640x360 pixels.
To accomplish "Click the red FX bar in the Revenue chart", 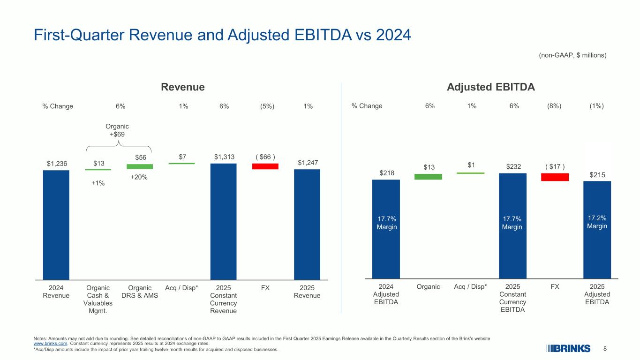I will pos(265,166).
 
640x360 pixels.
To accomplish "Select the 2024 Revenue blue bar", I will pos(56,225).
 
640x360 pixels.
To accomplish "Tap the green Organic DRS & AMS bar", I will pos(140,166).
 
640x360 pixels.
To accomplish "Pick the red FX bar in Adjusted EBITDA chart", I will pos(555,177).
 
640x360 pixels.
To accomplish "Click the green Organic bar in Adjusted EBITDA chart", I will pos(428,177).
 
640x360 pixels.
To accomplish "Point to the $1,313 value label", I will pos(223,157).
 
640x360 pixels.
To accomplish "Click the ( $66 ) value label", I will pos(265,157).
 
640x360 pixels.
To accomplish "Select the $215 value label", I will pos(597,175).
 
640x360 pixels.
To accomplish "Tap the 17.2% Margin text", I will pos(597,222).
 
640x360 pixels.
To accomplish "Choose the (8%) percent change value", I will pos(555,106).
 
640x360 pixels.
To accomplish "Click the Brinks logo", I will pos(568,348).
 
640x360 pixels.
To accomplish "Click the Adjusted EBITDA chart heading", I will pos(491,87).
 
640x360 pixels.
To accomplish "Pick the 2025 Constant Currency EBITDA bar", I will pos(512,225).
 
